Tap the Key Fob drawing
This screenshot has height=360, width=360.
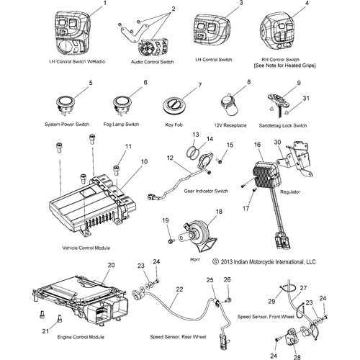coord(176,105)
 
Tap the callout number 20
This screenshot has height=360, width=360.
coord(110,266)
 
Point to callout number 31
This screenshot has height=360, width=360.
coord(305,99)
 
